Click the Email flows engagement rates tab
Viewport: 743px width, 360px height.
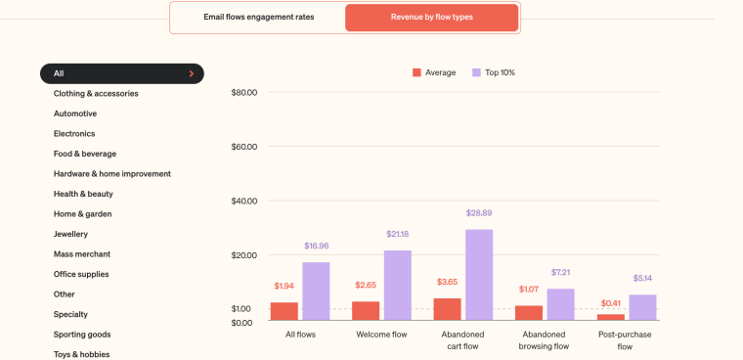pos(258,18)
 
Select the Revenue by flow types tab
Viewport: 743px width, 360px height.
pos(431,18)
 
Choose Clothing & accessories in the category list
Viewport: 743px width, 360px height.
pos(96,94)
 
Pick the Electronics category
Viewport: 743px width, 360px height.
pos(74,134)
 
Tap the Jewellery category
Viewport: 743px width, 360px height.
pos(70,234)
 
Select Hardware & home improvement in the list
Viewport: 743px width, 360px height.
pos(112,174)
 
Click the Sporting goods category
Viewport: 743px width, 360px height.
pos(82,335)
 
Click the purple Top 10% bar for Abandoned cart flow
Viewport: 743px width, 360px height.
pos(479,275)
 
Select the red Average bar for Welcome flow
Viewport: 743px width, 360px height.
pos(366,310)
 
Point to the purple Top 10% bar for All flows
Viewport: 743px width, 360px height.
pos(316,291)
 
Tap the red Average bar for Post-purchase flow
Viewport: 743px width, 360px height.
pos(611,317)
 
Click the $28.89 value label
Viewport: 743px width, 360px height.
pos(479,213)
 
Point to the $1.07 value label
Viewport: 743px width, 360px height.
pos(529,290)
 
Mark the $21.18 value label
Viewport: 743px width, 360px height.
pos(397,234)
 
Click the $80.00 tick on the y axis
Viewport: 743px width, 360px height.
pos(243,93)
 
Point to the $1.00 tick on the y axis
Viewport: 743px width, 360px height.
pos(241,309)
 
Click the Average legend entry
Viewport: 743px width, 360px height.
pos(434,72)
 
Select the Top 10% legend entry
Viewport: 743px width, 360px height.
pos(494,72)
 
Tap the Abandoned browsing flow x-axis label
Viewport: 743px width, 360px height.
pos(545,340)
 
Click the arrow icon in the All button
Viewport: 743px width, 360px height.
pos(191,73)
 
